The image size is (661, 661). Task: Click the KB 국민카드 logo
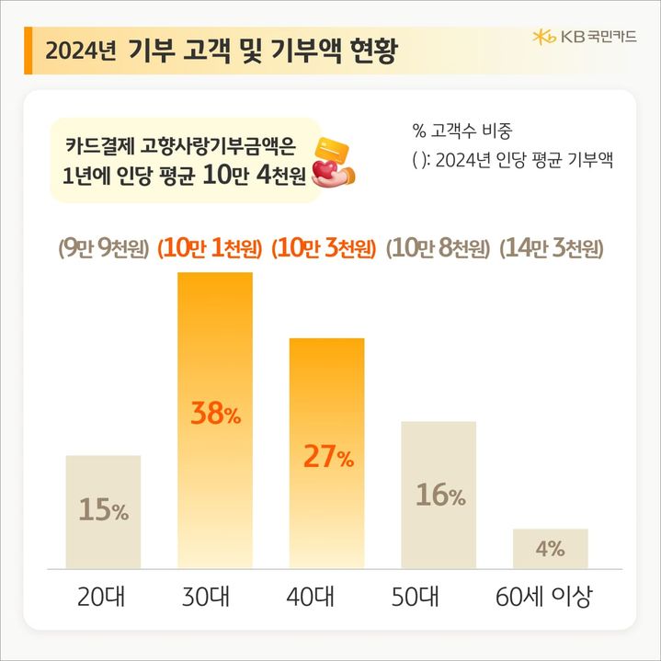(584, 37)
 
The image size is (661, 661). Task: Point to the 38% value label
(215, 415)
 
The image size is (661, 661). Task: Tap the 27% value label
(327, 458)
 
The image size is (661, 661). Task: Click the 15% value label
(103, 510)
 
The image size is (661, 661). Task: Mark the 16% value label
(439, 496)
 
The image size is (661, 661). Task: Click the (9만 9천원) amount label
(103, 248)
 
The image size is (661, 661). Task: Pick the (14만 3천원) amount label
(551, 248)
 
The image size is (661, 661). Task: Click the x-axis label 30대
(214, 598)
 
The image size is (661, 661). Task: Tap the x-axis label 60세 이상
(550, 598)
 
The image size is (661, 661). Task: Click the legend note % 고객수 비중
(469, 130)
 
